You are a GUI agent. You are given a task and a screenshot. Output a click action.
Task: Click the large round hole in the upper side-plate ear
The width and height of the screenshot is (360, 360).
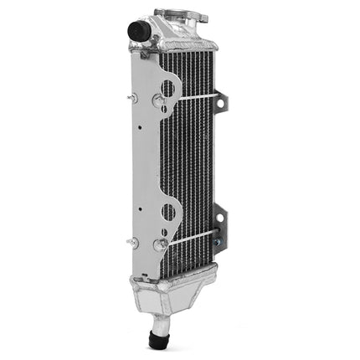coord(169,86)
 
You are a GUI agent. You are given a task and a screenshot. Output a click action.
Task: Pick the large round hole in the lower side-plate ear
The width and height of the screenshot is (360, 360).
coord(168,210)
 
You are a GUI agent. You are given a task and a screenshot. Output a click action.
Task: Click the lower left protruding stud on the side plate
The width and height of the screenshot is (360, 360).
coord(133,242)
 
